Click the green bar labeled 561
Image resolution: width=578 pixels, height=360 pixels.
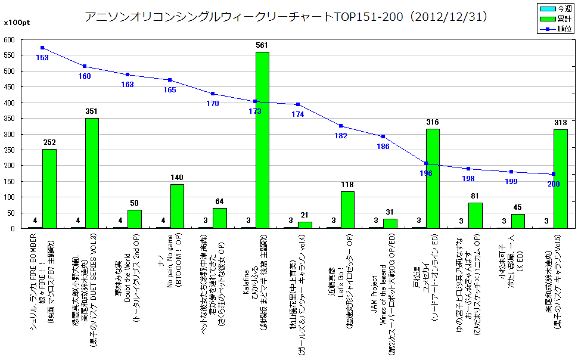[262, 140]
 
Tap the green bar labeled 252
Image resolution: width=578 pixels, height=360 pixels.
[49, 188]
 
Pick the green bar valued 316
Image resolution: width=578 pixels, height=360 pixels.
[433, 178]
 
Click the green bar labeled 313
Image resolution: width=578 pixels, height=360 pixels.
[560, 179]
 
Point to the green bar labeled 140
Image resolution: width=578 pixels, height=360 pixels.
[177, 206]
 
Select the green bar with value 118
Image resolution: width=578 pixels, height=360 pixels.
[347, 210]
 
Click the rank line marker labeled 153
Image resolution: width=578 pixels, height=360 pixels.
[42, 48]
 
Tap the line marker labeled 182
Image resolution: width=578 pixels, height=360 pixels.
[340, 126]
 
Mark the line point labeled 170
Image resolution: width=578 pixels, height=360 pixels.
[213, 94]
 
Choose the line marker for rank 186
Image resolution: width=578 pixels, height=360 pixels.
[383, 136]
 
